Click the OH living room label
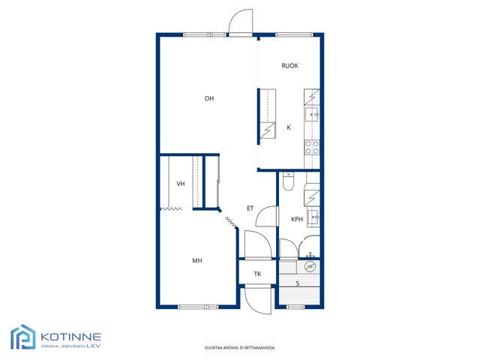point(209,98)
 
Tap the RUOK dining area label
point(289,66)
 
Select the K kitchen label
point(289,127)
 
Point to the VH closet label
point(181,184)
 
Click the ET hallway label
point(250,208)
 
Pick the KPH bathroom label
point(297,219)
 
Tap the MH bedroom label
point(197,261)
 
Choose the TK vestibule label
point(257,274)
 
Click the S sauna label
point(298,283)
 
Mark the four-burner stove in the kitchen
point(312,148)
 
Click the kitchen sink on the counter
point(312,114)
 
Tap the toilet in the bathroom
point(288,181)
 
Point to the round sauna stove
point(310,267)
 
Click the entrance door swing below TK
point(258,300)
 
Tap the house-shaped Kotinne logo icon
point(23,337)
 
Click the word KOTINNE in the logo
point(70,337)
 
